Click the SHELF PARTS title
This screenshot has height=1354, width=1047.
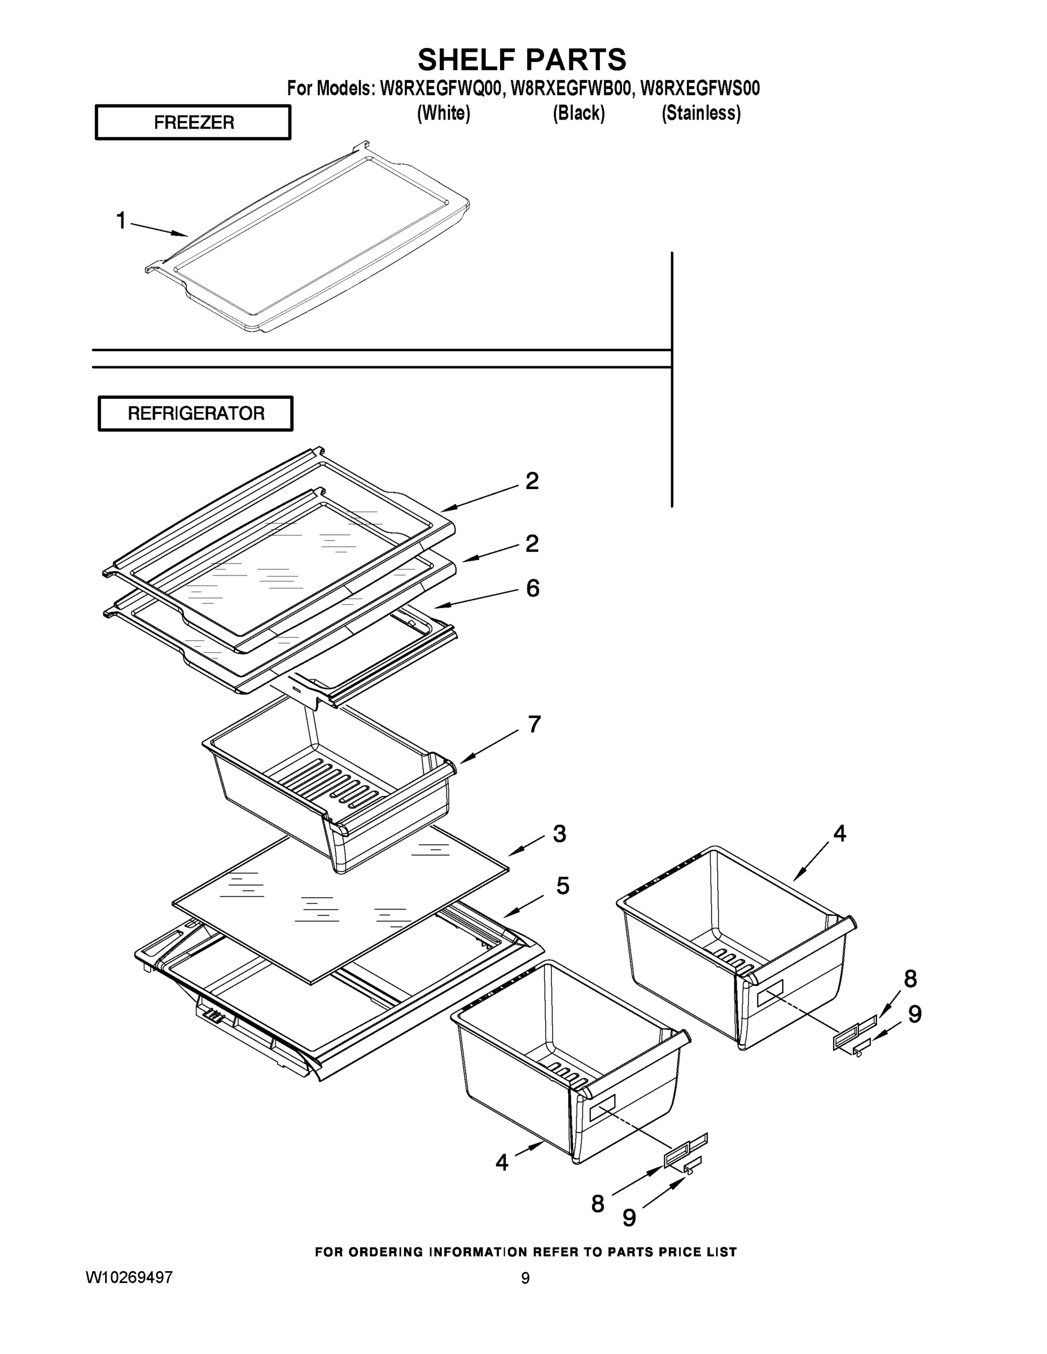coord(522,60)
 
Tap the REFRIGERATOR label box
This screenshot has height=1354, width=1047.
coord(196,414)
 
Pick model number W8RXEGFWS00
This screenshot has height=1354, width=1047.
coord(700,89)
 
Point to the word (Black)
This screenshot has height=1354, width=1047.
coord(579,113)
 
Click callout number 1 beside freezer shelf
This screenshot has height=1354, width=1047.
coord(121,221)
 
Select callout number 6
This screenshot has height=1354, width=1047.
coord(533,588)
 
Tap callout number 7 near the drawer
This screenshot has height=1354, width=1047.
coord(534,724)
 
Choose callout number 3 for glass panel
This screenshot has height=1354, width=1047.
coord(559,834)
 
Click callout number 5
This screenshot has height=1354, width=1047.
coord(563,886)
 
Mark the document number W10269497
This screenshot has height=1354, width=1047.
coord(130,1277)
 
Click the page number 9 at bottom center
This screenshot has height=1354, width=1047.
coord(525,1278)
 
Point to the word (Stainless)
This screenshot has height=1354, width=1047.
coord(701,113)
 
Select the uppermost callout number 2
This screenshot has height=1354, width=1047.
coord(532,482)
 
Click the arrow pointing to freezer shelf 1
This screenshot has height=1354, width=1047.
coord(159,230)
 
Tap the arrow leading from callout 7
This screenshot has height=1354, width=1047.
coord(489,746)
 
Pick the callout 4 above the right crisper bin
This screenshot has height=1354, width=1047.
coord(839,834)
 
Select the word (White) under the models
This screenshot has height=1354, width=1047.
coord(444,113)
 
